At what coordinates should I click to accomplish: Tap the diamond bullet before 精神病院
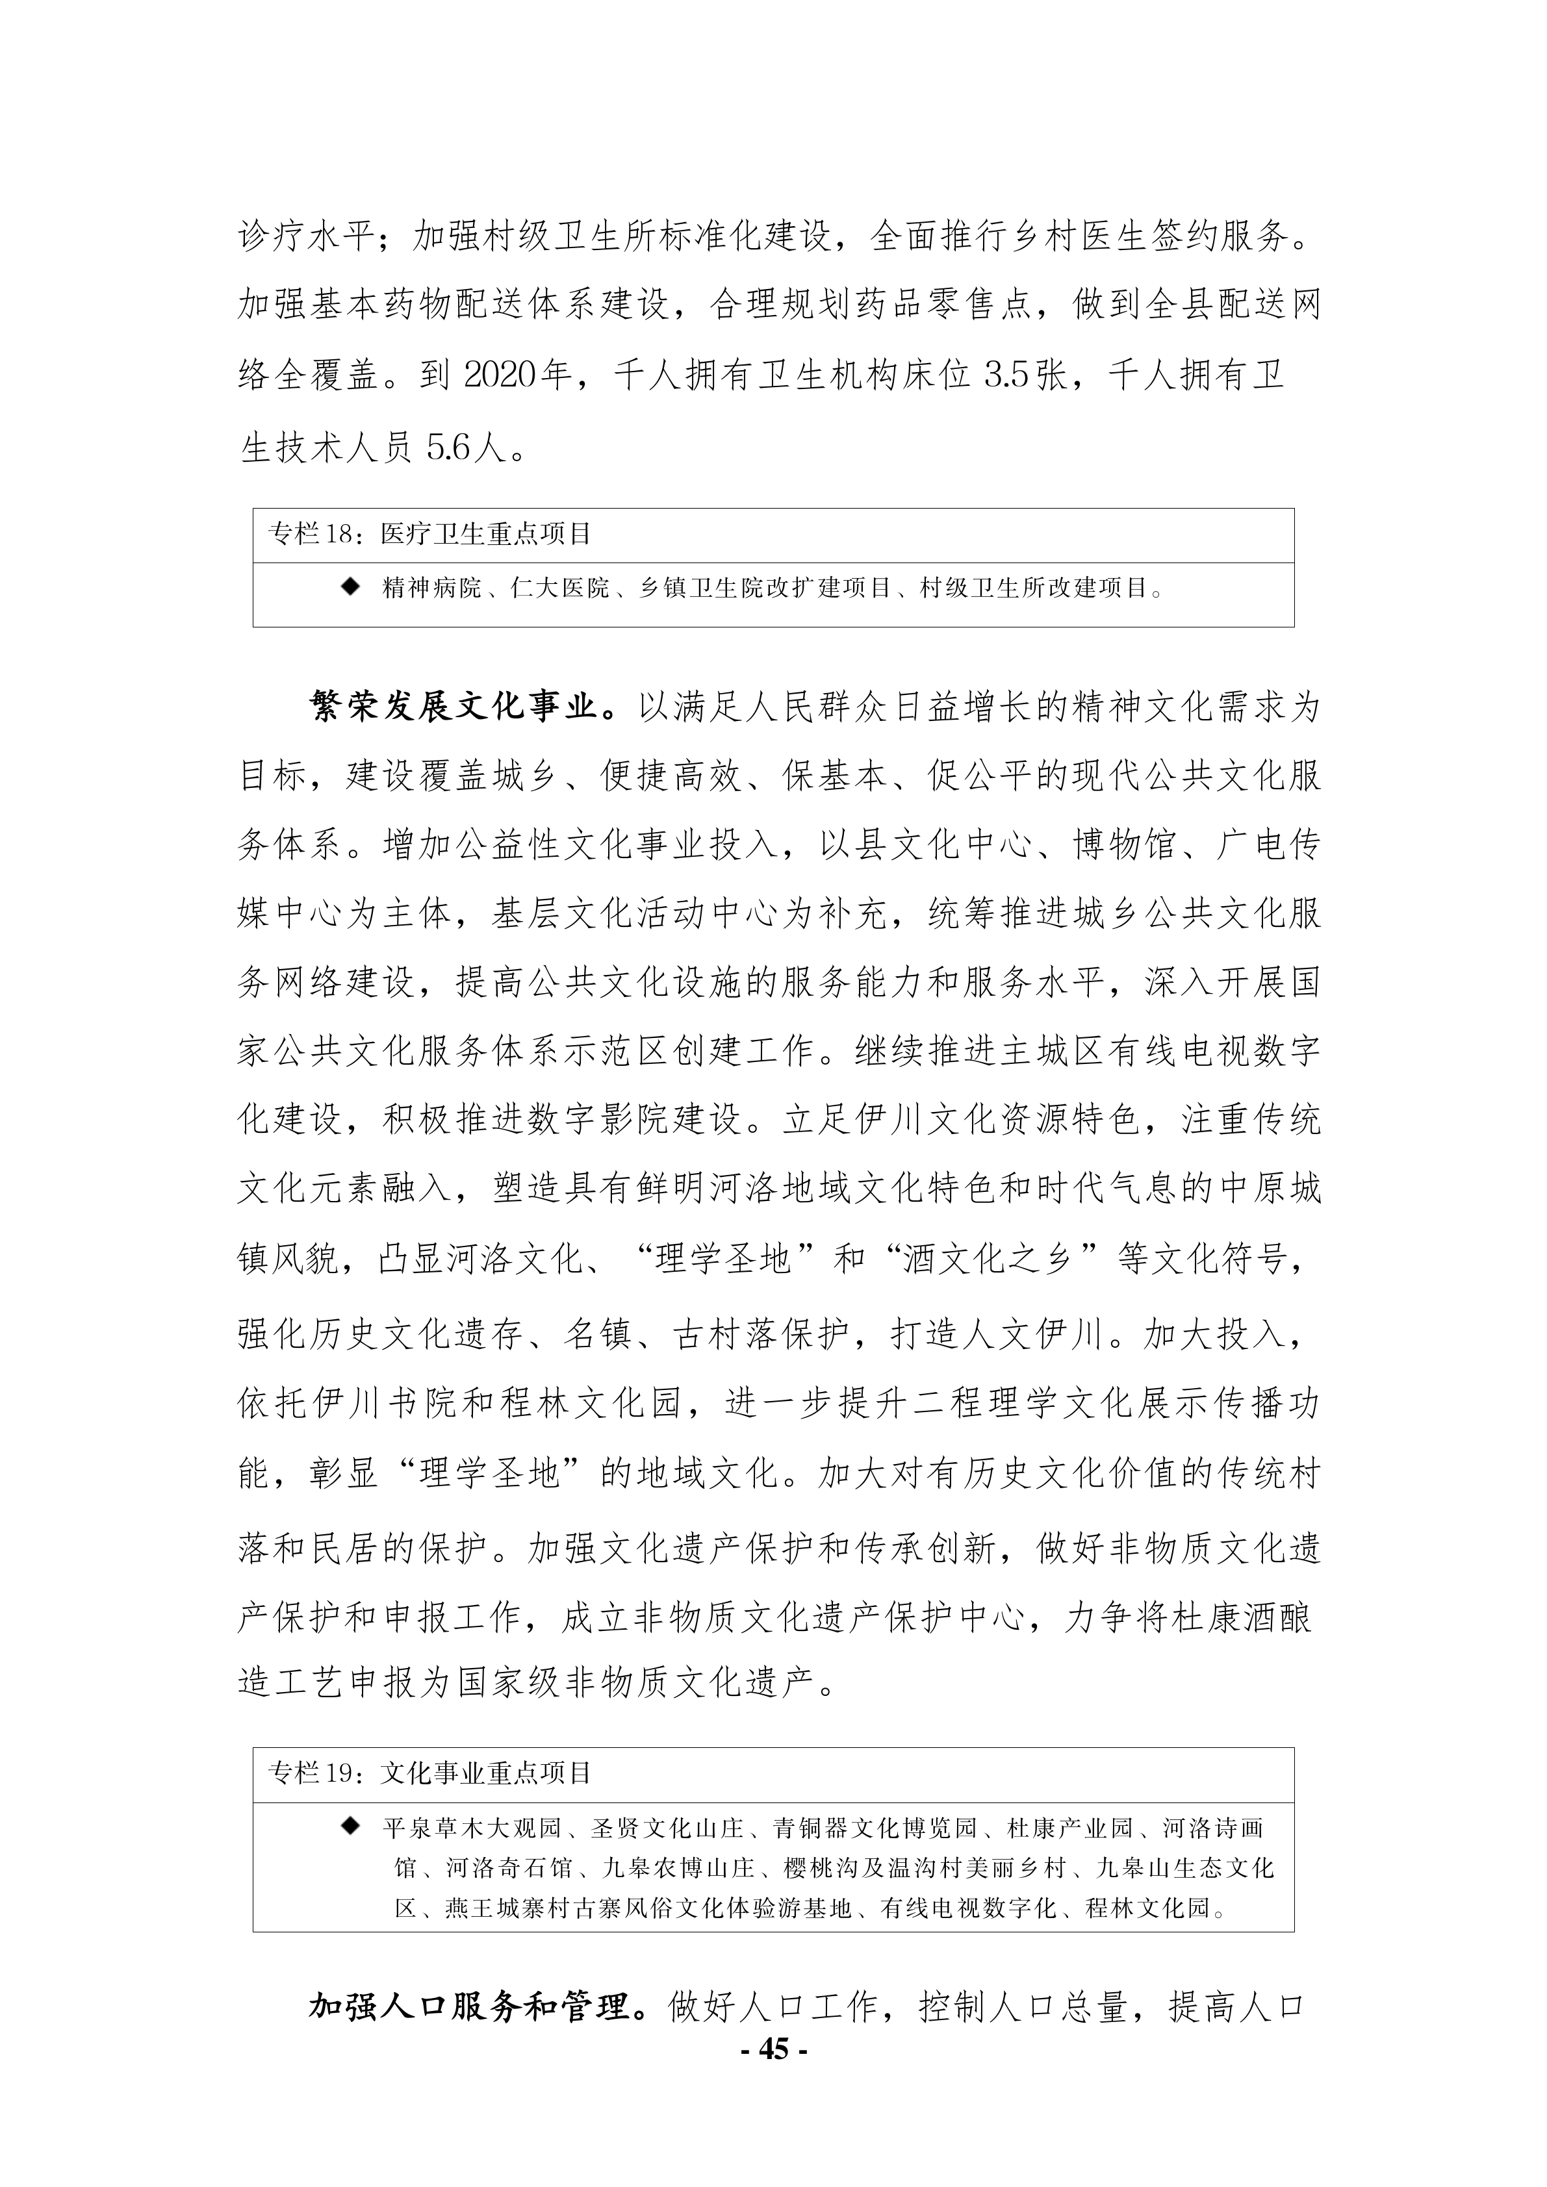pyautogui.click(x=351, y=587)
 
